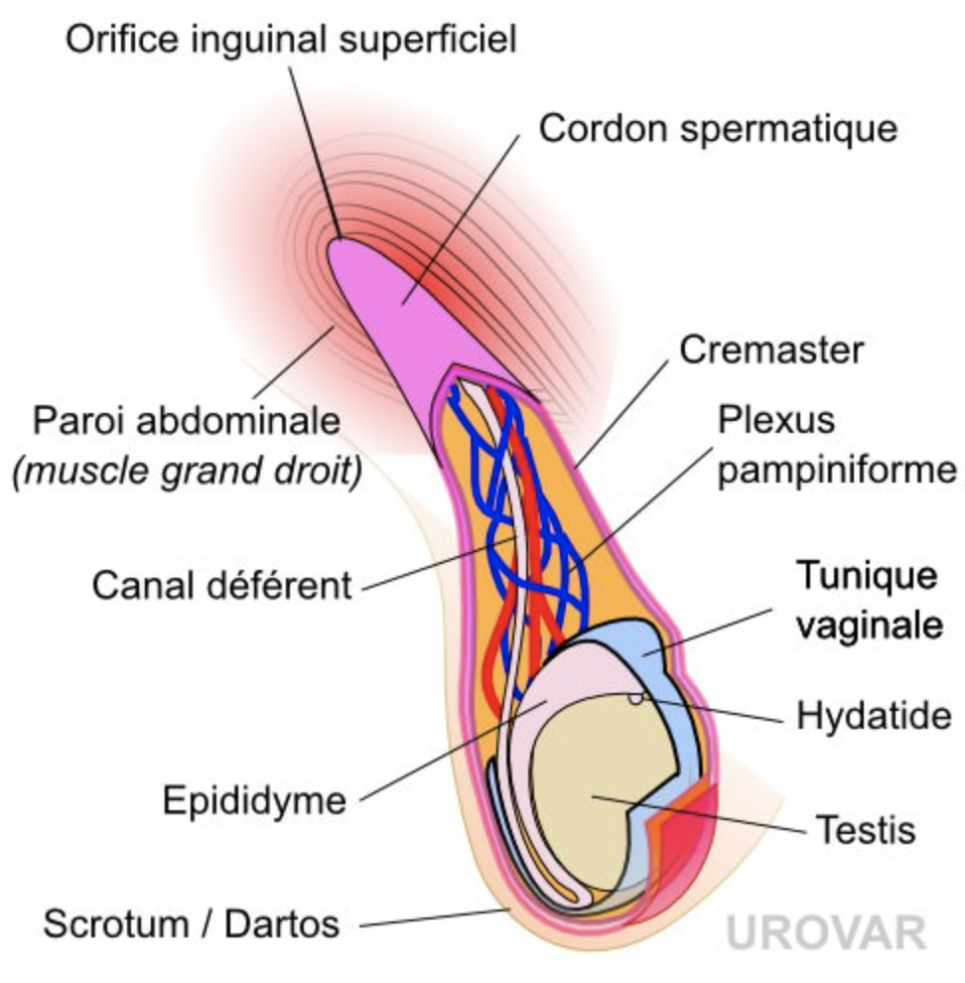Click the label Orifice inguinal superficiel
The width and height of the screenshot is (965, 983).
[291, 41]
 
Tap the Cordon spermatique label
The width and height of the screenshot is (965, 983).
[717, 129]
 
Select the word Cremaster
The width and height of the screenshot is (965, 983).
[771, 350]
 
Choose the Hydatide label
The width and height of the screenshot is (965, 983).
[874, 715]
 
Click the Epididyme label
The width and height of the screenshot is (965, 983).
[255, 799]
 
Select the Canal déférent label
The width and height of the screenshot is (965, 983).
[222, 586]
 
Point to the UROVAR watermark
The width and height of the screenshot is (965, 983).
[826, 933]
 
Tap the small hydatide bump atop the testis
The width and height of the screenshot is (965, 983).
[634, 698]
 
